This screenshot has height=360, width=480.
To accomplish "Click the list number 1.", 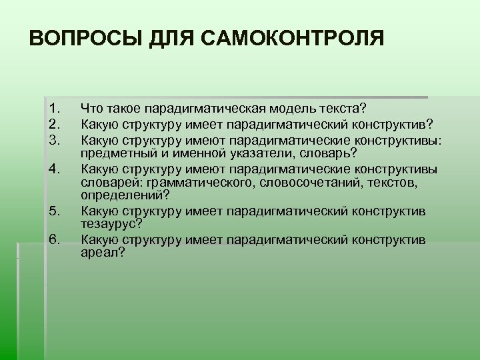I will coord(55,107).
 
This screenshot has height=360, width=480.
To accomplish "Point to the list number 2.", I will coord(55,123).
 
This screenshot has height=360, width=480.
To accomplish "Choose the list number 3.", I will coord(55,138).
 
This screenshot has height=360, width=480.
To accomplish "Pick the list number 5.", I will coord(55,211).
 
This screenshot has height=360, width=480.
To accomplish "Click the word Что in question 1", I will coord(92,107).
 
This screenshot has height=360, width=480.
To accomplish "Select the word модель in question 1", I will coord(294,107).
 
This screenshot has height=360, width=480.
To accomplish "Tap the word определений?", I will coord(125,196).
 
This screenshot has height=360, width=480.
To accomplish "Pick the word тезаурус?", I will coord(111,225).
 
